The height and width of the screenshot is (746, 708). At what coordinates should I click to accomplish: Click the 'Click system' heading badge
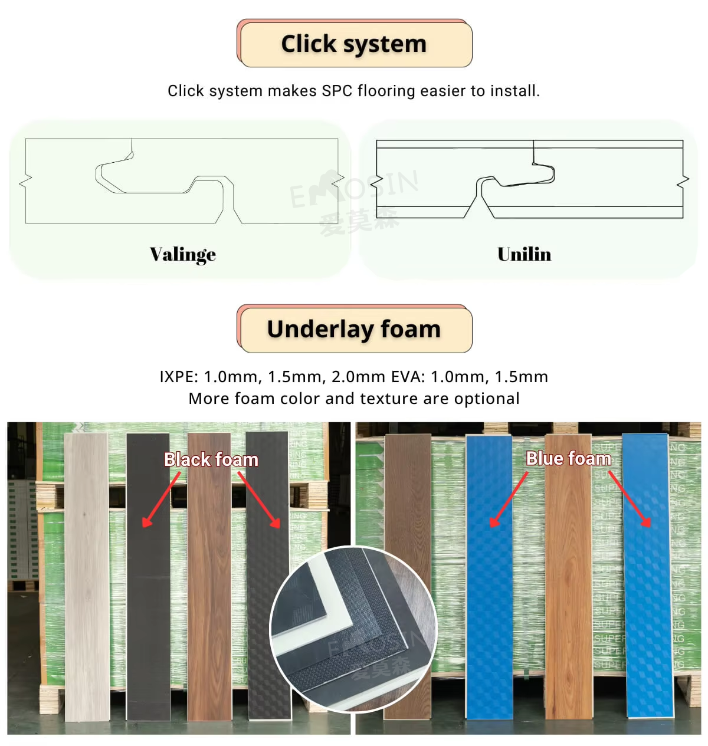pos(354,44)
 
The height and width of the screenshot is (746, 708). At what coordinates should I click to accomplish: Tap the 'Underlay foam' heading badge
pos(354,329)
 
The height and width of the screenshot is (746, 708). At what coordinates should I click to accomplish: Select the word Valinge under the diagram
pos(183,254)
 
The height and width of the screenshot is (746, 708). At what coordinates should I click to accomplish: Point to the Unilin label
pos(524,254)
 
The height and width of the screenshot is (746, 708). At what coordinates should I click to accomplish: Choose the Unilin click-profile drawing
pos(529,180)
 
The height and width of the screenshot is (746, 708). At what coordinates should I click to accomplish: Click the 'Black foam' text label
pos(211,459)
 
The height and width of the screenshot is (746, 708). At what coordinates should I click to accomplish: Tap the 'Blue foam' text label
pos(568,458)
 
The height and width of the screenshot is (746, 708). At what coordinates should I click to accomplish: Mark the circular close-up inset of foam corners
pos(353,629)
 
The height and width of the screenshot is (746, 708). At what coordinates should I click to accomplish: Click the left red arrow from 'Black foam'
pos(162,499)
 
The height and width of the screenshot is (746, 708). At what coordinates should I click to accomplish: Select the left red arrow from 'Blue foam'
pos(509,499)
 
